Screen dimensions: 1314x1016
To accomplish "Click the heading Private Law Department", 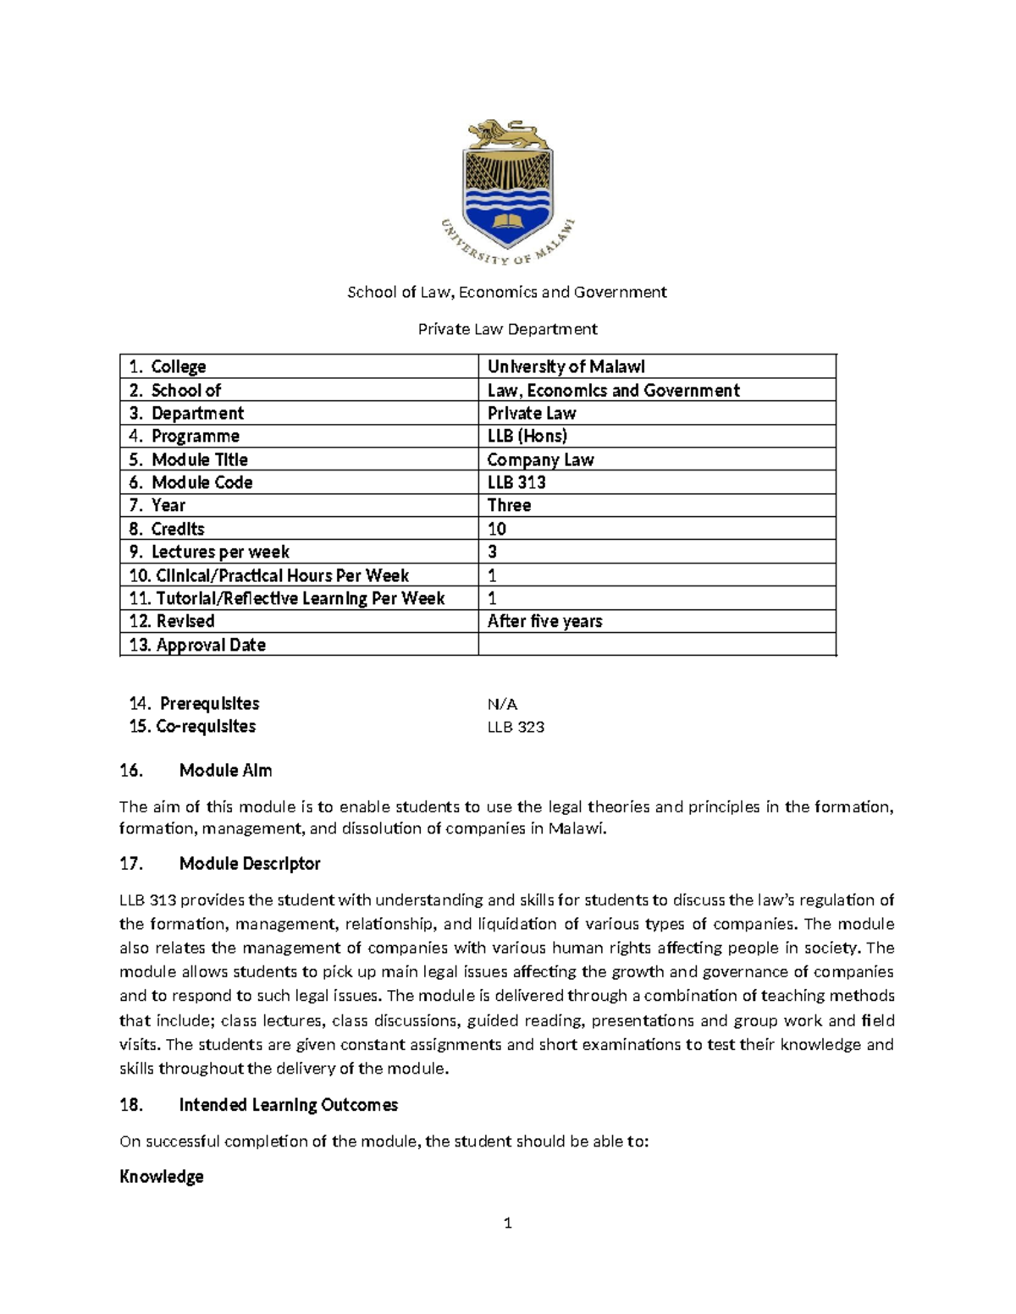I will tap(507, 328).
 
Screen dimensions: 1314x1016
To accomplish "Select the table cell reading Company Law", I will tap(540, 459).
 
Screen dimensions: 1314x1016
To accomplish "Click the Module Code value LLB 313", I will tap(516, 482).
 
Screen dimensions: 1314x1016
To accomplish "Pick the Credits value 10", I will tap(497, 529).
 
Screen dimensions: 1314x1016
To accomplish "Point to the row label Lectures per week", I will tap(220, 552).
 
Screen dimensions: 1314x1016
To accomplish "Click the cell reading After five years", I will tap(544, 621).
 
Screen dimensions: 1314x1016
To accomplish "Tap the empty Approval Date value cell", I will tap(656, 645).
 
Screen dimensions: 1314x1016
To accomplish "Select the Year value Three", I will tap(509, 505).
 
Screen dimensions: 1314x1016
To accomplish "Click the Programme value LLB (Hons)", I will tap(527, 436).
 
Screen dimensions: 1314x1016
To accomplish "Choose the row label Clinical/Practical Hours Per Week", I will tap(282, 575).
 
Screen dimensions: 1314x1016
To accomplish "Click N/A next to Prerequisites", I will tap(502, 704).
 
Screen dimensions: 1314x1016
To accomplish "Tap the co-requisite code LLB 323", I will tap(516, 727).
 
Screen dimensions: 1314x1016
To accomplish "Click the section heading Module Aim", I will tap(225, 770).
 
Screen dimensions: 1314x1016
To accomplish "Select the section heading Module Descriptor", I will tap(250, 864).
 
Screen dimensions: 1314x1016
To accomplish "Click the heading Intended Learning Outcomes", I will tap(288, 1105).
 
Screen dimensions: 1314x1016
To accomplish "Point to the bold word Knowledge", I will tap(162, 1177).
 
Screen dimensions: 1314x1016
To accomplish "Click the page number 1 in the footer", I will tap(507, 1223).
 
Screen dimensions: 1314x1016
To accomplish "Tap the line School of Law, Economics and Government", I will tap(507, 292).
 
